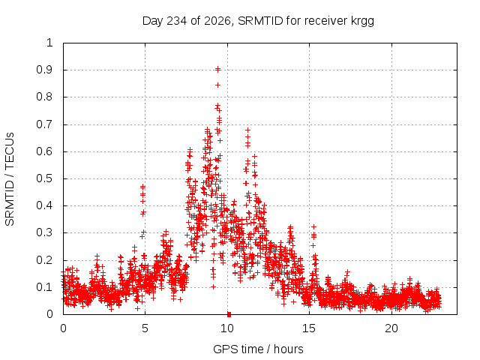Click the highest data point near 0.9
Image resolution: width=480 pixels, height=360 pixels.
(x=217, y=70)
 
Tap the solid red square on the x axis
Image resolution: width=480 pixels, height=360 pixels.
(x=229, y=315)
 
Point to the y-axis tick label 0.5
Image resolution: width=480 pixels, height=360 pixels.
(x=45, y=178)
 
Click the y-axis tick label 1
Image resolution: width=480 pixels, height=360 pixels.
(x=49, y=43)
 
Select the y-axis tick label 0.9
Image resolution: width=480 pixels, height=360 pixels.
(x=45, y=70)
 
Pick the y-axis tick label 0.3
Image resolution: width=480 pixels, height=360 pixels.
(x=45, y=233)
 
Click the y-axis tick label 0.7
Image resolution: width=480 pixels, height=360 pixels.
(x=45, y=124)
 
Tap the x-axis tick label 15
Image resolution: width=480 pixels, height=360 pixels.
(x=309, y=328)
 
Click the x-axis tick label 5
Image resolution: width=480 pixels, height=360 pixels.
(x=145, y=328)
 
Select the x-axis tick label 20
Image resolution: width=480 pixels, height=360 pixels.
(x=391, y=328)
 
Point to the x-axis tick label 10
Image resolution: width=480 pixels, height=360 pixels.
(x=227, y=328)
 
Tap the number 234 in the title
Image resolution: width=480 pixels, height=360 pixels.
(x=177, y=21)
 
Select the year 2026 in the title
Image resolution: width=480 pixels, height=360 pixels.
(x=217, y=21)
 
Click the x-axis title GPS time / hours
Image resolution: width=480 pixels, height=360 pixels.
(x=258, y=349)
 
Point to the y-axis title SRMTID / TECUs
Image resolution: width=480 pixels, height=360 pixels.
(x=10, y=179)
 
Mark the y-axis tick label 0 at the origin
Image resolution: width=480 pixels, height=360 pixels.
(x=49, y=314)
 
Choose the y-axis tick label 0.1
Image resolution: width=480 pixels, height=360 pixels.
(x=45, y=287)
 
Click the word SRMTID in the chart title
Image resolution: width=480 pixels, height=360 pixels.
(x=260, y=21)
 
